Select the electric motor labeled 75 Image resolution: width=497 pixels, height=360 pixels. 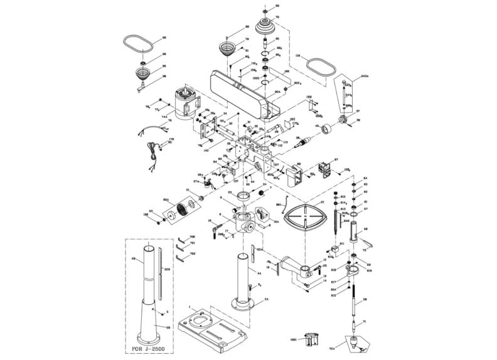tap(187, 103)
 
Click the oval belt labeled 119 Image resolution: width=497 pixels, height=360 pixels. tap(319, 68)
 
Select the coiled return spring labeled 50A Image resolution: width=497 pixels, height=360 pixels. tap(181, 209)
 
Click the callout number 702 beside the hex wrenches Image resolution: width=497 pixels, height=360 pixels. tap(193, 253)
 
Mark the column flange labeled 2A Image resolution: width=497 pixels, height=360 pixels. tap(245, 305)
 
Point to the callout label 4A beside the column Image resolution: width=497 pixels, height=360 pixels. tap(259, 273)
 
